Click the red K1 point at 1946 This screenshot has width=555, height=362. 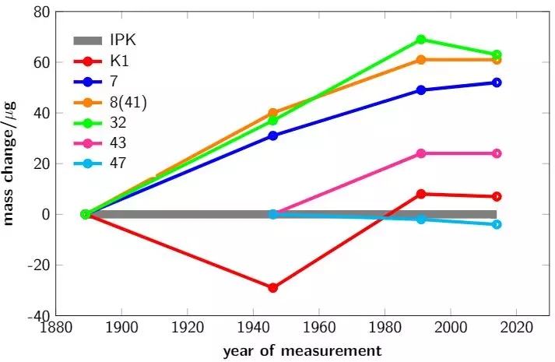[x=272, y=288]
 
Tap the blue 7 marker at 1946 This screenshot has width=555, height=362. [x=272, y=135]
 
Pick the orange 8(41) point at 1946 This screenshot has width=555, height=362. [x=272, y=113]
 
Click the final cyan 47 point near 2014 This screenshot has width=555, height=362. [x=497, y=224]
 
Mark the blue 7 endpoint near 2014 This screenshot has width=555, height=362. [x=497, y=83]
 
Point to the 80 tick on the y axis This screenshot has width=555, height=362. [x=61, y=12]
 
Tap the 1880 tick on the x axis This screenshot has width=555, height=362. [x=53, y=330]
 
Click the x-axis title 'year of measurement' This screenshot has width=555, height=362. [x=302, y=351]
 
